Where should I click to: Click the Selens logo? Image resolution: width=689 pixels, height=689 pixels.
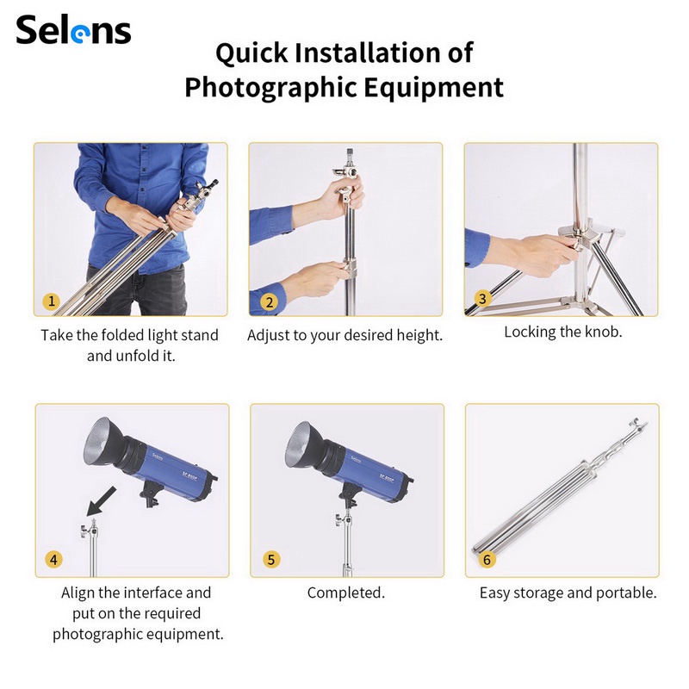pyautogui.click(x=73, y=29)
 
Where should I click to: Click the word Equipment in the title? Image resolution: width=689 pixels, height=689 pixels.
pyautogui.click(x=433, y=88)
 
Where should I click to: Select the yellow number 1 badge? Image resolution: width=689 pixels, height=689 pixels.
pyautogui.click(x=52, y=301)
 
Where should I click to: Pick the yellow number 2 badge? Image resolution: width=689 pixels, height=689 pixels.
pyautogui.click(x=270, y=302)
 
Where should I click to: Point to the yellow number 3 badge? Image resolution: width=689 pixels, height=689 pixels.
pyautogui.click(x=482, y=299)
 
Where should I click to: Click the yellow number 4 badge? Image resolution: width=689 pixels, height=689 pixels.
pyautogui.click(x=53, y=559)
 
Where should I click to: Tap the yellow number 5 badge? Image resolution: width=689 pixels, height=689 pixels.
pyautogui.click(x=271, y=559)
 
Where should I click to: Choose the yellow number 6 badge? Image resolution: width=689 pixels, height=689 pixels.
pyautogui.click(x=487, y=559)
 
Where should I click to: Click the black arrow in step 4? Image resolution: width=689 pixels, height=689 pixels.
pyautogui.click(x=102, y=501)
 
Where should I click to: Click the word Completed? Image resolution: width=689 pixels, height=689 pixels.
pyautogui.click(x=346, y=593)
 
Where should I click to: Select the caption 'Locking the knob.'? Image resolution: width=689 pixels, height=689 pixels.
pyautogui.click(x=563, y=332)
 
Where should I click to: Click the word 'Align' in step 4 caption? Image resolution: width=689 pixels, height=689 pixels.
pyautogui.click(x=78, y=593)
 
